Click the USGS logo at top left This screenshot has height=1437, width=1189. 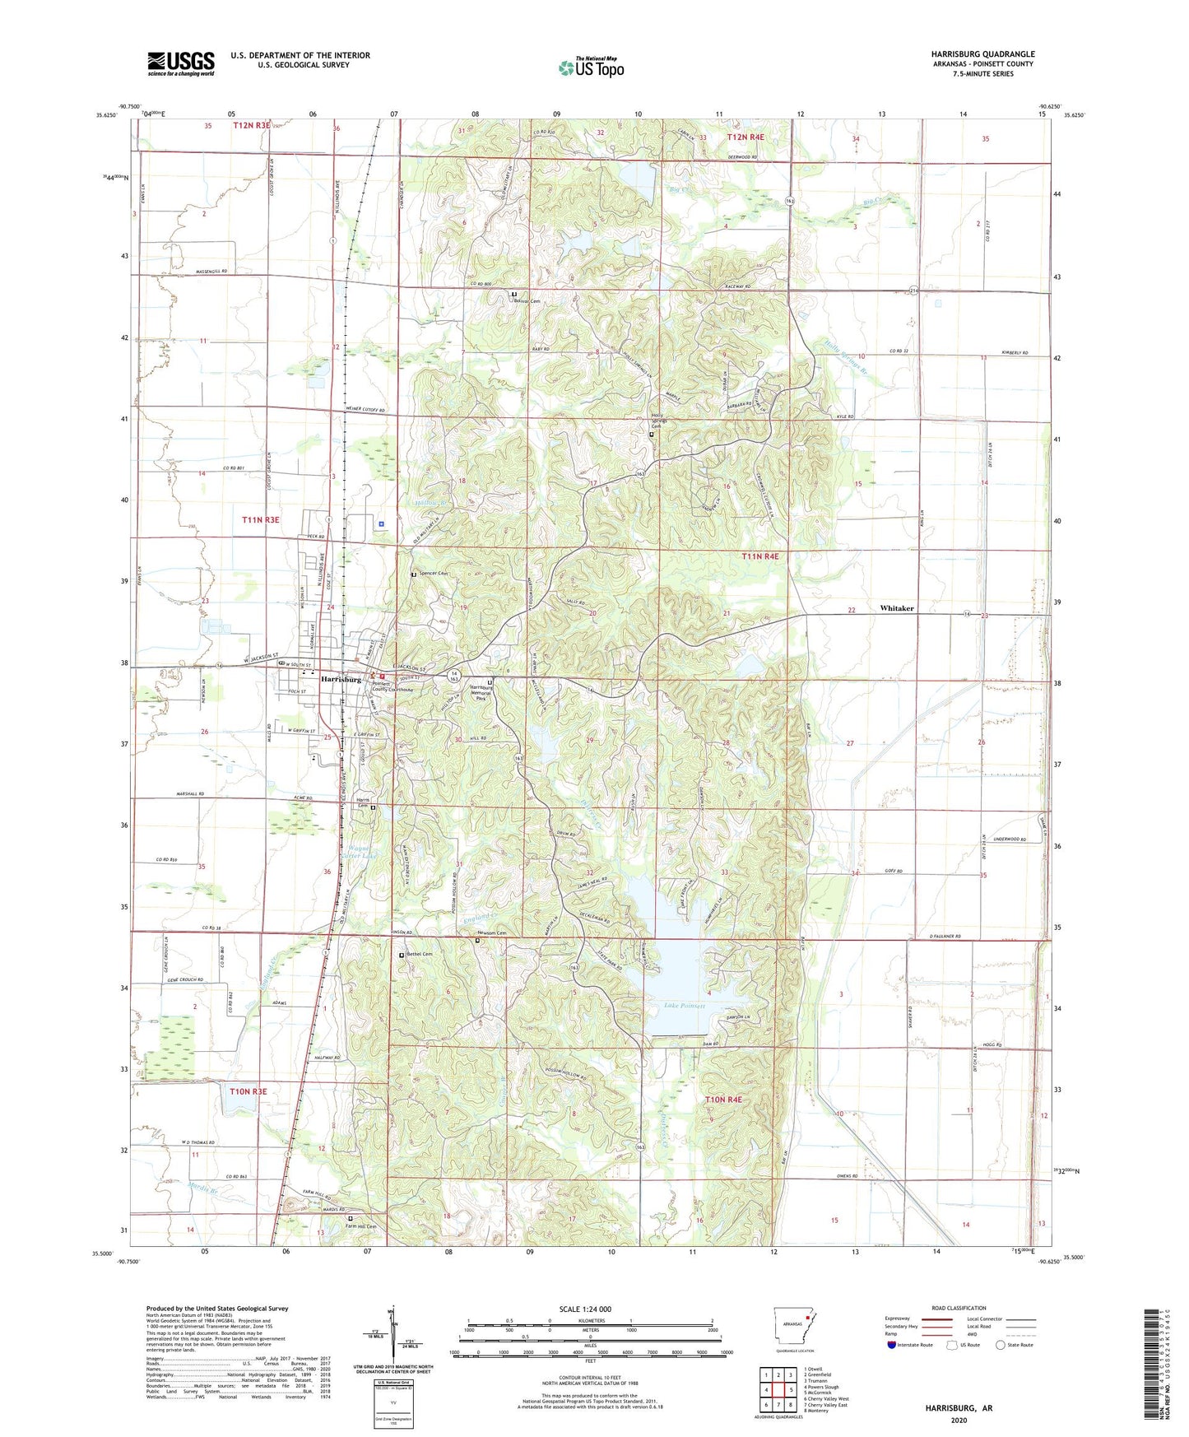click(180, 63)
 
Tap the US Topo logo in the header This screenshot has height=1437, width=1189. click(591, 67)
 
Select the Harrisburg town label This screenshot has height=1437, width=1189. click(341, 680)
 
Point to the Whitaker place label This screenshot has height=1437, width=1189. click(897, 608)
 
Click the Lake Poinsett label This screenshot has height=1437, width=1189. click(685, 1006)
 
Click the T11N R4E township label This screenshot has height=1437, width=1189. click(759, 556)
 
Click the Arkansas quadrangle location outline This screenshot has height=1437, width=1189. click(793, 1327)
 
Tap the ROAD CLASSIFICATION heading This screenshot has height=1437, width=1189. click(958, 1308)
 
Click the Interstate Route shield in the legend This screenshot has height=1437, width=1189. click(893, 1345)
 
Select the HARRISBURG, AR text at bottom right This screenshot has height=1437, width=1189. click(958, 1408)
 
